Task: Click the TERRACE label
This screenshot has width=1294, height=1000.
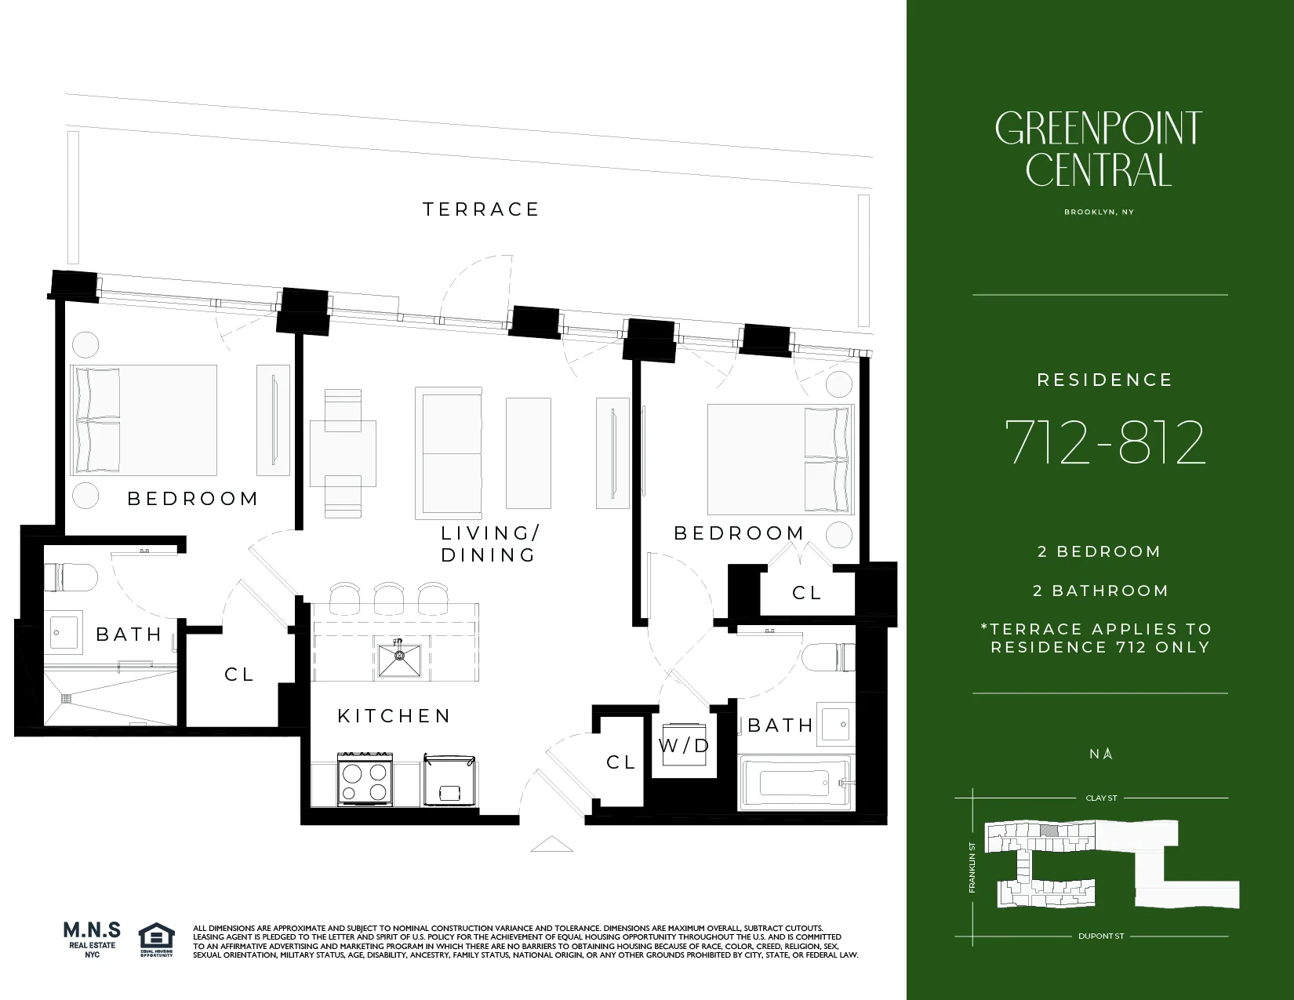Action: pos(481,209)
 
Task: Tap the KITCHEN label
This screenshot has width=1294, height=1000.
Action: pos(394,716)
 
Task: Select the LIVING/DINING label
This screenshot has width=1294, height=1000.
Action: pos(489,544)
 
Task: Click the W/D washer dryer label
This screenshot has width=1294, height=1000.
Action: pos(684,746)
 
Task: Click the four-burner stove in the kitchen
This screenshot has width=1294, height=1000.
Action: pos(365,780)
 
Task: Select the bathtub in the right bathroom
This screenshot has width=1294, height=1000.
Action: pos(795,783)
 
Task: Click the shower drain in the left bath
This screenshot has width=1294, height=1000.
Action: pos(67,696)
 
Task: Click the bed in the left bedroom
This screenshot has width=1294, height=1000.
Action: pos(144,420)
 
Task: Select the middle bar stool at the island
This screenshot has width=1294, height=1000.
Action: pos(388,598)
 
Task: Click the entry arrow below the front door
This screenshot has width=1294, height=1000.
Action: pos(551,845)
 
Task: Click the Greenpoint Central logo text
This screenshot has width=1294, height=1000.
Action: pos(1098,149)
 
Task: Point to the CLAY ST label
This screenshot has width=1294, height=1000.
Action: pos(1101,798)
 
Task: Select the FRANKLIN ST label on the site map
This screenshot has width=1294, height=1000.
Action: pos(972,867)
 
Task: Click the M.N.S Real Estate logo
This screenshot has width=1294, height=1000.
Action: pos(92,936)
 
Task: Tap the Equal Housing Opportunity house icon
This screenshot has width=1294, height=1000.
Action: pos(156,936)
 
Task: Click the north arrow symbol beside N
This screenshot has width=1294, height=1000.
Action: pos(1107,755)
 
